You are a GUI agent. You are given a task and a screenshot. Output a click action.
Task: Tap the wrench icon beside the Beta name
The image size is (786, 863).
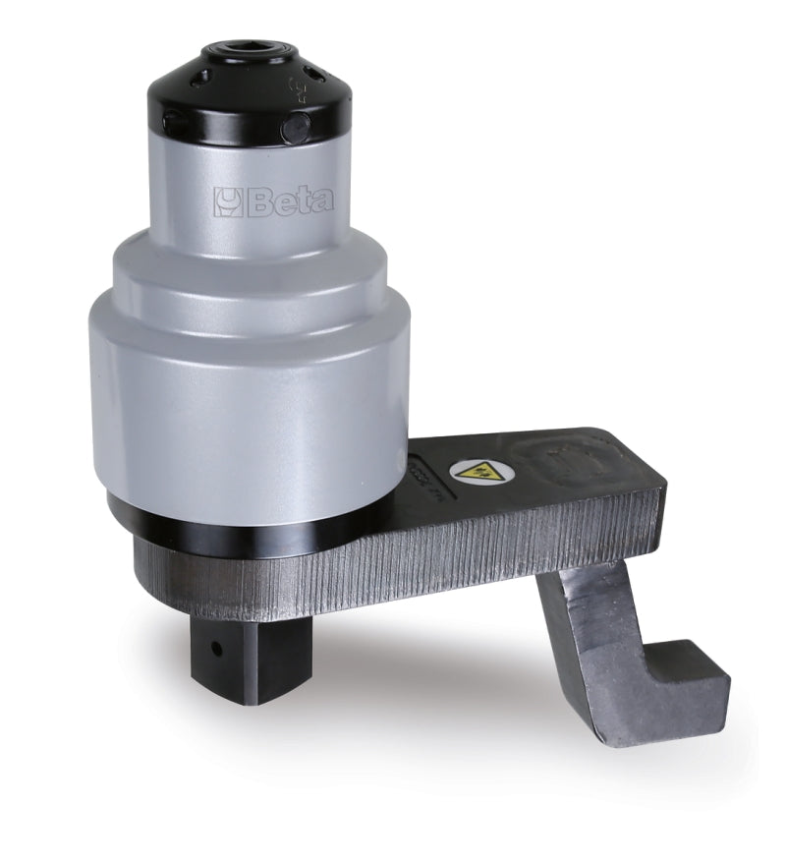click(x=227, y=201)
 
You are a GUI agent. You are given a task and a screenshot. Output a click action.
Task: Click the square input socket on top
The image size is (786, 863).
click(x=248, y=50)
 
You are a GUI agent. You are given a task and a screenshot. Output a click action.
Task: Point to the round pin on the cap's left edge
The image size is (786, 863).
click(x=169, y=121)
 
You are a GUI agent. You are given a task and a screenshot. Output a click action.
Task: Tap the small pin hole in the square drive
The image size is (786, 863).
click(x=213, y=648)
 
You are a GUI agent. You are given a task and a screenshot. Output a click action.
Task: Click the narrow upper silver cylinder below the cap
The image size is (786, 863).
click(x=251, y=187)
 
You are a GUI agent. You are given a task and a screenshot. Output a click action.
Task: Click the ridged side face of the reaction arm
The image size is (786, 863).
click(x=442, y=560)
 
